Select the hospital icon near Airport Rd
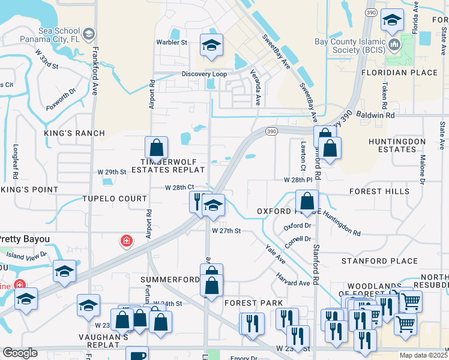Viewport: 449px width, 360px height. pos(127,241)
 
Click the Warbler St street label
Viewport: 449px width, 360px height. pos(172,43)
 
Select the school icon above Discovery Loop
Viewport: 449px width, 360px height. pos(211,46)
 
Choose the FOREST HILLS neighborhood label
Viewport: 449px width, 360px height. pos(379,191)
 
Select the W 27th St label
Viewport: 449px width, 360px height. pos(226,230)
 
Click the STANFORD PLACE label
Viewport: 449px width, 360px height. pos(379,261)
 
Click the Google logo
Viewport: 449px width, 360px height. pos(20,353)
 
